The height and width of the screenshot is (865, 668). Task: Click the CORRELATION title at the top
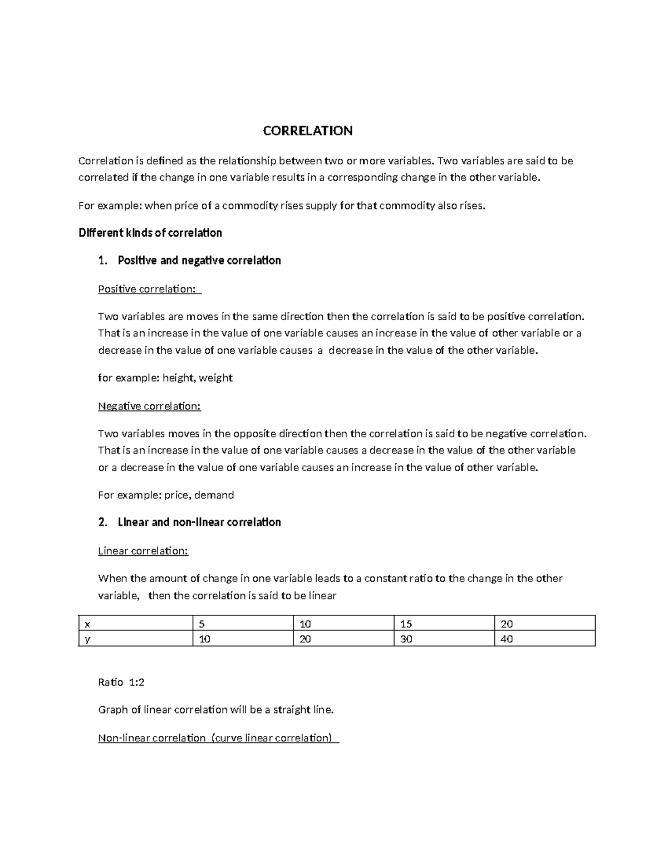coord(307,131)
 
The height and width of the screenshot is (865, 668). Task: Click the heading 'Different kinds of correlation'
coord(150,233)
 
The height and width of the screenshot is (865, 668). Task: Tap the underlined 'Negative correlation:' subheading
coord(149,406)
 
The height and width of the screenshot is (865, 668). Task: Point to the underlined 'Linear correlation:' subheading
coord(143,551)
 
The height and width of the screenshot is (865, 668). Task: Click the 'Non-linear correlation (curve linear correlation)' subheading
coord(218,738)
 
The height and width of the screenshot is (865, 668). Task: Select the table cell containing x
coord(86,623)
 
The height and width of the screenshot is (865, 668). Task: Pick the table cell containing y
coord(87,639)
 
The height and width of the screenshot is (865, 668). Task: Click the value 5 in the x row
coord(202,623)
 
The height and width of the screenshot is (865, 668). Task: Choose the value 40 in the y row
coord(507,639)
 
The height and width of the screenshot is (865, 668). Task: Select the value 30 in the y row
coord(406,639)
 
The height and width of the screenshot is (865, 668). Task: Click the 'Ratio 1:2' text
coord(121,682)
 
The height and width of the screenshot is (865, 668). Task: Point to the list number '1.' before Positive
coord(102,261)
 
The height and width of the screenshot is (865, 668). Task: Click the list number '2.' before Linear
coord(102,522)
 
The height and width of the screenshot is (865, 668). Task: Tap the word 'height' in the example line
coord(178,378)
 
